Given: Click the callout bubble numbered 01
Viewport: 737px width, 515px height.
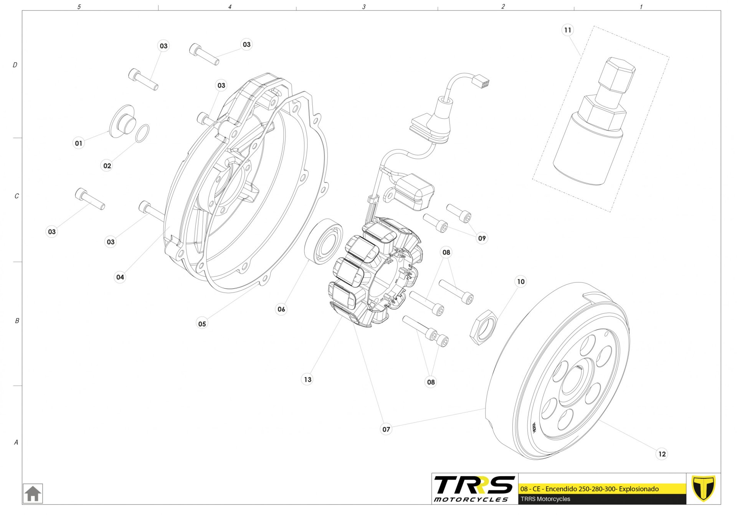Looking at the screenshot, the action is [79, 143].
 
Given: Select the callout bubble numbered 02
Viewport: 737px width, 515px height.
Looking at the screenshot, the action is [107, 166].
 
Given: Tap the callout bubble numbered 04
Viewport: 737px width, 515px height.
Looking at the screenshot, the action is [120, 277].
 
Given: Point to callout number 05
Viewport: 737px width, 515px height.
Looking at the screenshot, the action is [202, 324].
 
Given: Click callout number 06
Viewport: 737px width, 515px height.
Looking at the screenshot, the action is [281, 309].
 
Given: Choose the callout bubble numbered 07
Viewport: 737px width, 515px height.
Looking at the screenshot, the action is [386, 429].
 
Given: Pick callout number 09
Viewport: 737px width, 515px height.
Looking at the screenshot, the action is [482, 238].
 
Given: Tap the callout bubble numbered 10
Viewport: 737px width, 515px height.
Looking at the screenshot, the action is [521, 282].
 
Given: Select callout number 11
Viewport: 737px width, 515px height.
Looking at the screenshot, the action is [567, 30].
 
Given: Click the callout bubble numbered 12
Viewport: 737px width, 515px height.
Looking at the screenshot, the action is [662, 454].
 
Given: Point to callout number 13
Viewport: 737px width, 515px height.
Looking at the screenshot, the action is [307, 379].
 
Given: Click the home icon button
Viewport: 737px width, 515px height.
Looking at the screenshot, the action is [33, 493].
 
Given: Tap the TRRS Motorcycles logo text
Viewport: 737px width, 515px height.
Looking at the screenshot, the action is [474, 488].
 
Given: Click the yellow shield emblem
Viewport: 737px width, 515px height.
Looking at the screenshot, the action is [703, 488].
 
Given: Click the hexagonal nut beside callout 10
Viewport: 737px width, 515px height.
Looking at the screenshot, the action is [483, 327].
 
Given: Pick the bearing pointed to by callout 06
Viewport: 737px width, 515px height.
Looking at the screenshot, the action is [324, 241].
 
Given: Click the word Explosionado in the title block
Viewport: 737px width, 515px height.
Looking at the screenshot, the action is [639, 489].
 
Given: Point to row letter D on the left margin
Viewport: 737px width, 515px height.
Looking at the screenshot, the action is [15, 65].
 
